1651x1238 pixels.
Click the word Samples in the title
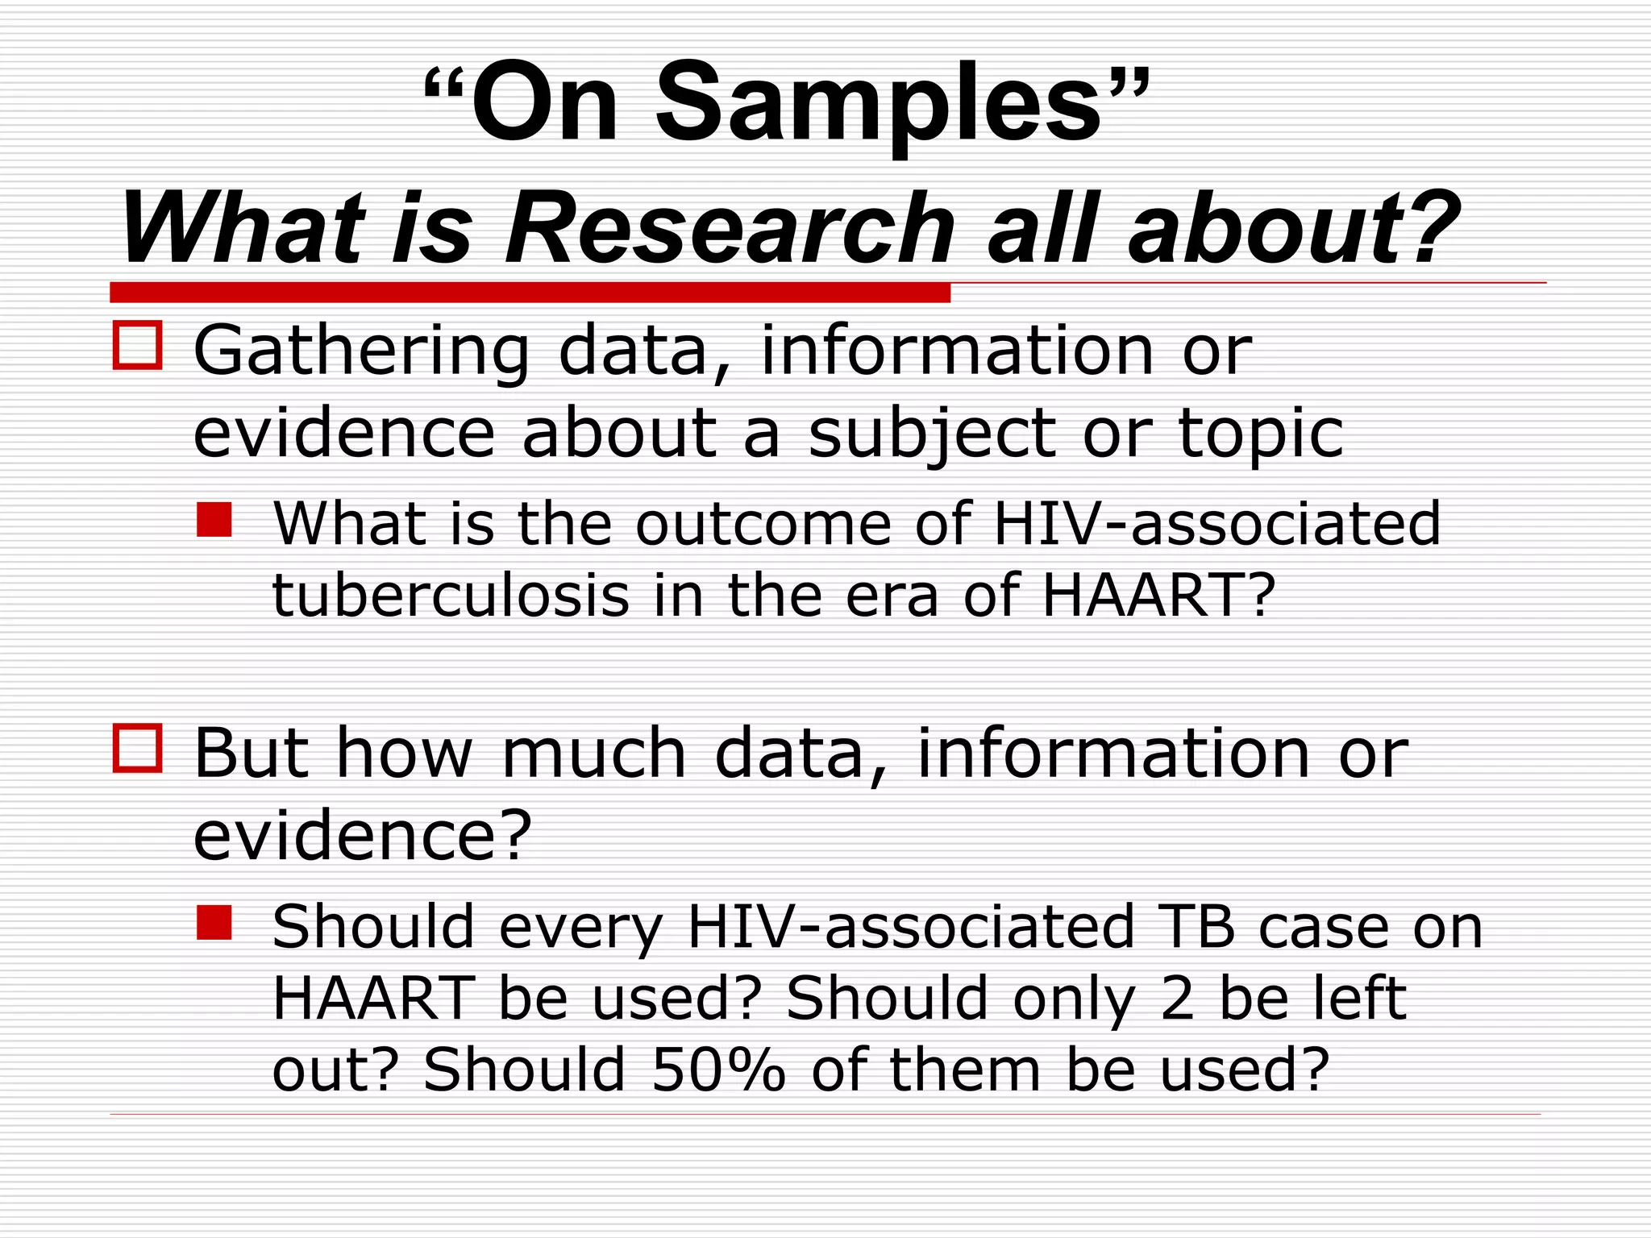(x=879, y=105)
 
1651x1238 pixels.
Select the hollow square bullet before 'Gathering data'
(x=138, y=346)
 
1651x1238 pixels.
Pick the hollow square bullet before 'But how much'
(x=138, y=748)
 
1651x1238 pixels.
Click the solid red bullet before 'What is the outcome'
(x=214, y=520)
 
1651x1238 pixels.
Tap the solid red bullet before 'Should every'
(x=214, y=923)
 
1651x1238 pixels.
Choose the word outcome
(x=763, y=524)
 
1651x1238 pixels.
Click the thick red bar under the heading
(x=530, y=292)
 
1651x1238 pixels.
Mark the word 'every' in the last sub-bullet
(x=580, y=928)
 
